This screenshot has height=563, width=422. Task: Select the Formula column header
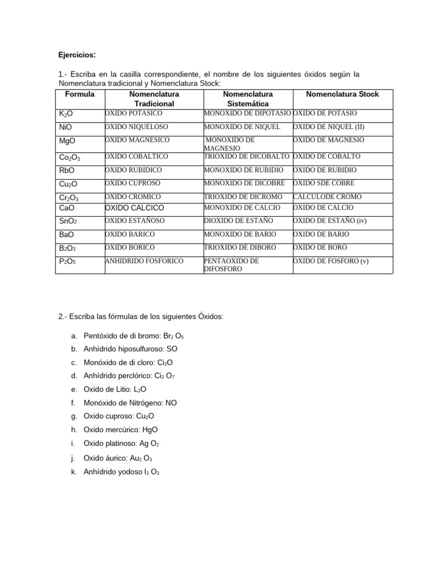80,94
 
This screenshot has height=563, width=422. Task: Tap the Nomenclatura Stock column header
342,94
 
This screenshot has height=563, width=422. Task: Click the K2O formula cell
66,114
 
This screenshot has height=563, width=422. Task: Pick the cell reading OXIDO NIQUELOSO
133,126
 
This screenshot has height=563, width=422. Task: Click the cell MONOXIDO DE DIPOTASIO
247,113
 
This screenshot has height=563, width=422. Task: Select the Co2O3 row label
70,158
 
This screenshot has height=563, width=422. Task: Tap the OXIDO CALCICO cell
135,208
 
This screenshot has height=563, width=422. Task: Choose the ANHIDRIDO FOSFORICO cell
144,261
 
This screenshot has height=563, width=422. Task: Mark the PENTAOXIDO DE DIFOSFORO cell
231,264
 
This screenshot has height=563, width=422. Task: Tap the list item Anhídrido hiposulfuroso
123,349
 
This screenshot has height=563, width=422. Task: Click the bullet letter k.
73,472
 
